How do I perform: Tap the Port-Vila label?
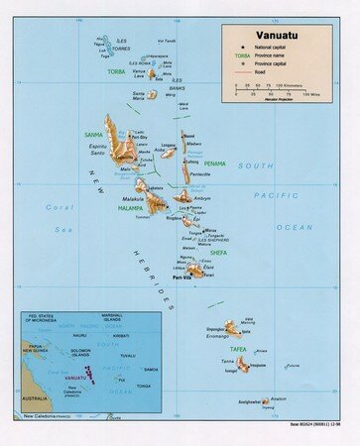point(180,278)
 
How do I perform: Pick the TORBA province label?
point(117,71)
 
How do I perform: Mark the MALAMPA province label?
point(130,209)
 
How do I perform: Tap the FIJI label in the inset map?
point(120,379)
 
